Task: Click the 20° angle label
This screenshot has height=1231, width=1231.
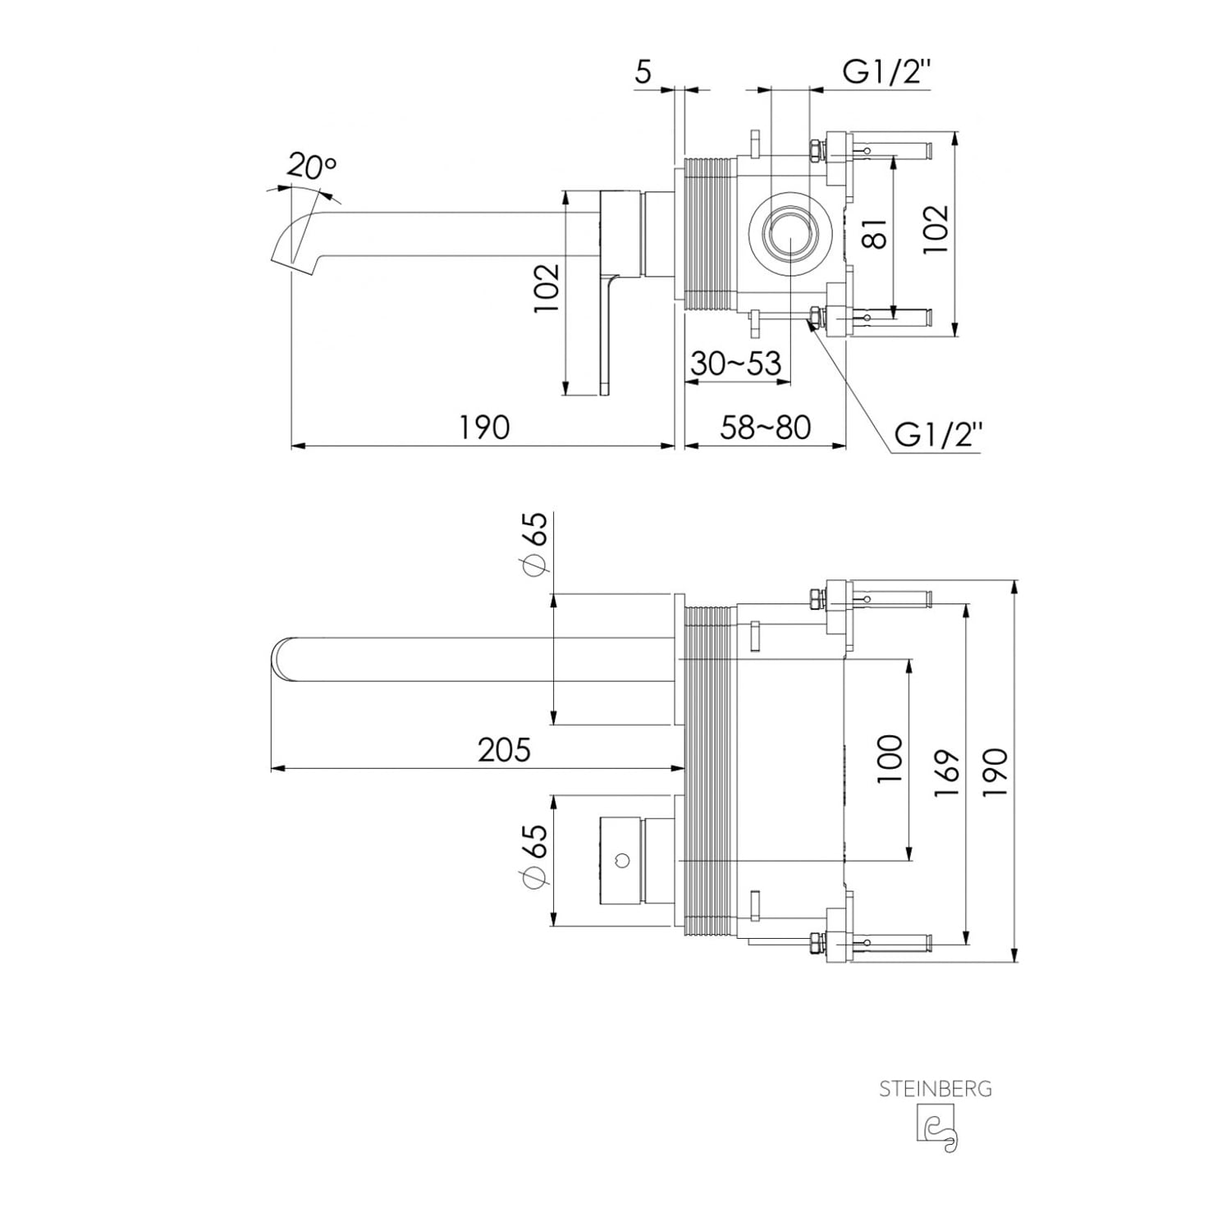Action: coord(311,167)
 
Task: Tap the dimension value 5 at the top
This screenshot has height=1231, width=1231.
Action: coord(643,72)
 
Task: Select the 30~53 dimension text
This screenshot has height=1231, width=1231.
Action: coord(735,363)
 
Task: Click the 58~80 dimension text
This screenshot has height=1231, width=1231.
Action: coord(766,427)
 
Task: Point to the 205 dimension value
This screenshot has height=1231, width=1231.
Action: coord(504,749)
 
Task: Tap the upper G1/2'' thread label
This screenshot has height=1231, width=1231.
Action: coord(887,72)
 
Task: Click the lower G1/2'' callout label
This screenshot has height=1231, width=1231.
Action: coord(938,433)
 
